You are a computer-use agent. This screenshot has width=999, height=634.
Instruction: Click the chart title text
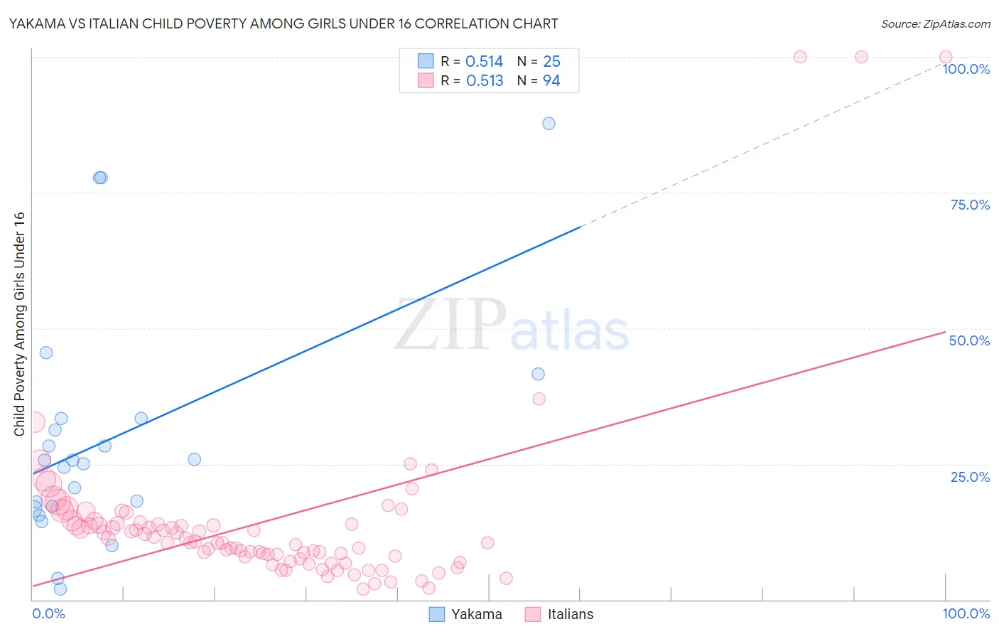tap(283, 23)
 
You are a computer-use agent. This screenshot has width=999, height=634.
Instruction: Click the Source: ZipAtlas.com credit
tap(935, 23)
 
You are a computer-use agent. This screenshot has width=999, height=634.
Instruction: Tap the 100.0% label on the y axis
tap(966, 69)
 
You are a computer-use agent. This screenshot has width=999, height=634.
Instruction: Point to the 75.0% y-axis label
tap(970, 205)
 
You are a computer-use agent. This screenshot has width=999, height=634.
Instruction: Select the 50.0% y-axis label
tap(969, 340)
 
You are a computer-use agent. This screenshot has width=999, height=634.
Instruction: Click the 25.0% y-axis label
tap(970, 477)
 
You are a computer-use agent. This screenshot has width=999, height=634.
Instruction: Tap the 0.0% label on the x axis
tap(48, 613)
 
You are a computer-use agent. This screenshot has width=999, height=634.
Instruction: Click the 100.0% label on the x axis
tap(966, 613)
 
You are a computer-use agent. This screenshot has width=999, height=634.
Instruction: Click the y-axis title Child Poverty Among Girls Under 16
tap(19, 324)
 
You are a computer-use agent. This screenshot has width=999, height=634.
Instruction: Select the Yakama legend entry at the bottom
tap(476, 614)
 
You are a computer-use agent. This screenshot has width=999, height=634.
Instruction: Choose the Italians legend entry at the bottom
tap(570, 614)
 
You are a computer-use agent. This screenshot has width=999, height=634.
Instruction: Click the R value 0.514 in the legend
tap(484, 62)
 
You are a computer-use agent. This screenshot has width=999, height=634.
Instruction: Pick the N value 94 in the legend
tap(551, 81)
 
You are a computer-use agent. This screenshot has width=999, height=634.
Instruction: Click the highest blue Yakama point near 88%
tap(549, 124)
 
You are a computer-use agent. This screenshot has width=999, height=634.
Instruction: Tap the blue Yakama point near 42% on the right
tap(538, 374)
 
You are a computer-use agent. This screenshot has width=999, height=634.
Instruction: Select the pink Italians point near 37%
tap(539, 399)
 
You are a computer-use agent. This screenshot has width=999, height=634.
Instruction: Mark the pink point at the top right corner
tap(945, 57)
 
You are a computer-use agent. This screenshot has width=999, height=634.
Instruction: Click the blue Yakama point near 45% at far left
tap(46, 353)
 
